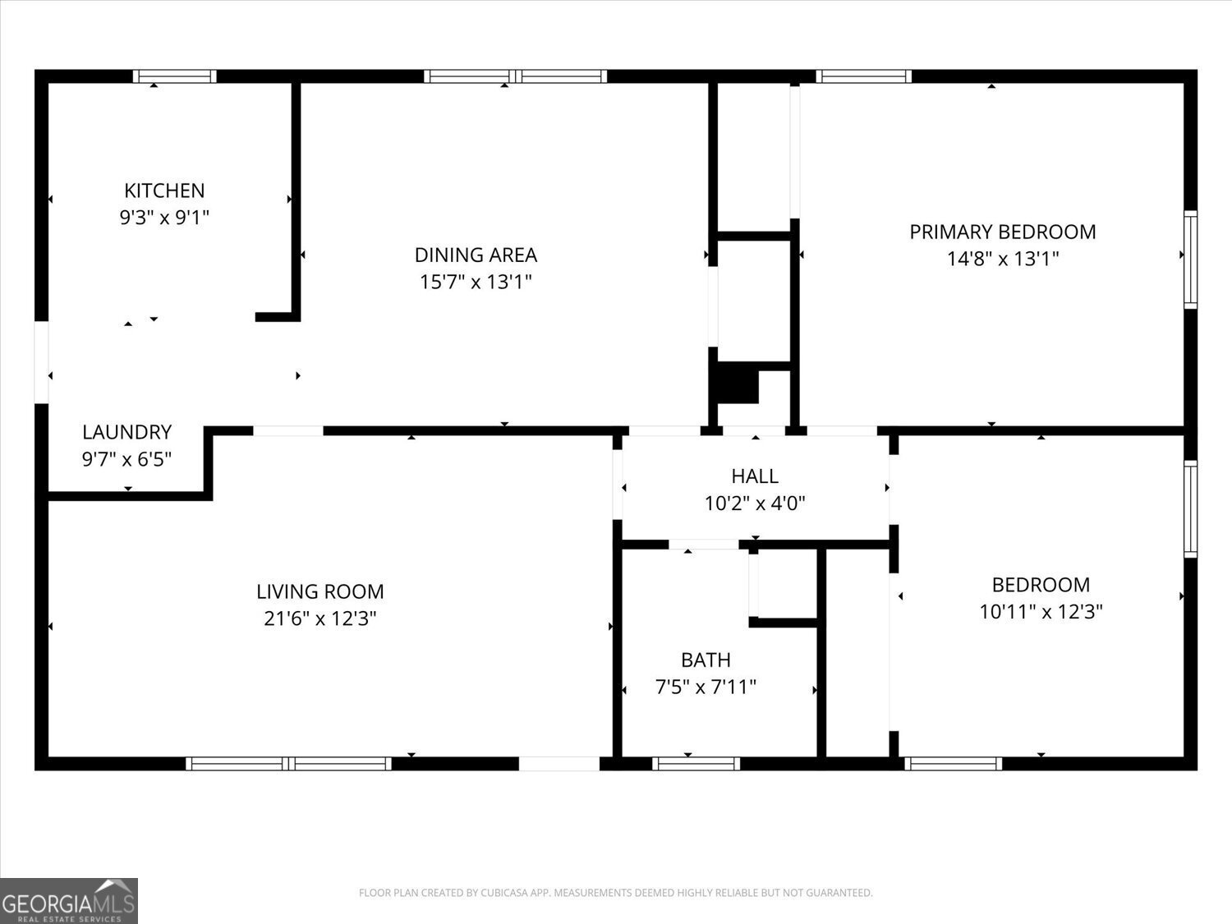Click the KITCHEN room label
point(164,191)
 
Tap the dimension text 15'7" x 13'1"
point(476,282)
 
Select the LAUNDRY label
point(126,432)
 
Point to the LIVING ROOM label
point(319,591)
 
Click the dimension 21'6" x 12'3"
point(319,618)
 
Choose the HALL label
point(755,476)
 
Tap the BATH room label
point(706,660)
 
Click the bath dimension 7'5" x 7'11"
point(706,687)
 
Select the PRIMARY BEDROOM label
point(1002,232)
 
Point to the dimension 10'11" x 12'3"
point(1041,612)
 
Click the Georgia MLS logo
point(69,901)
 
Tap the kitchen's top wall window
point(175,76)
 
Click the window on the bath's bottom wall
point(696,764)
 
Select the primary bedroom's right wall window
point(1190,260)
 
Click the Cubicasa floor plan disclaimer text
point(615,893)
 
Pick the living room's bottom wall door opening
point(559,764)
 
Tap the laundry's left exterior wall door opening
point(41,362)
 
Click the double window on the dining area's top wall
point(516,76)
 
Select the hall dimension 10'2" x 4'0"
point(755,503)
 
